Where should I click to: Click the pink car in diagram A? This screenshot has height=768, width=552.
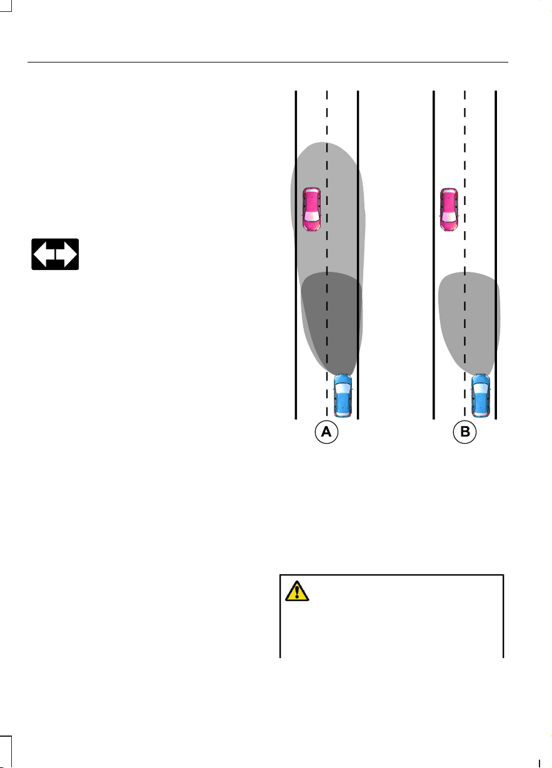311,209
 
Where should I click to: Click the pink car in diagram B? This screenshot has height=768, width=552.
449,209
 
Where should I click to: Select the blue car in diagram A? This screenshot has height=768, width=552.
343,396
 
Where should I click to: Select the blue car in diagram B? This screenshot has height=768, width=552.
480,396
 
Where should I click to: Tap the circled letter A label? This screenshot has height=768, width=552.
326,432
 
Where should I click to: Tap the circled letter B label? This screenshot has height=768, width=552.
464,432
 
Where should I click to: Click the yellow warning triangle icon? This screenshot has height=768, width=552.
297,591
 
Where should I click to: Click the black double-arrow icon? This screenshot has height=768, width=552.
55,254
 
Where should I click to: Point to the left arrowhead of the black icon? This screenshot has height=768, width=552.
40,254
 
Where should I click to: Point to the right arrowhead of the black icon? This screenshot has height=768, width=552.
71,254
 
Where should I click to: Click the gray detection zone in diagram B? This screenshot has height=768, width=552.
469,322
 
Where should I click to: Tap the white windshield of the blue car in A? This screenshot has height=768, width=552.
343,389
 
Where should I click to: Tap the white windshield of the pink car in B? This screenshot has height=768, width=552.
449,217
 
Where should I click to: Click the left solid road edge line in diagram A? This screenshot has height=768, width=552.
296,255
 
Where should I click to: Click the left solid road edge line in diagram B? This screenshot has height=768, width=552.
434,255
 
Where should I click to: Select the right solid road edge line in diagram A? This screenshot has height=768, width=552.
358,255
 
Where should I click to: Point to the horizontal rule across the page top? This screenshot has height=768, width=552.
268,62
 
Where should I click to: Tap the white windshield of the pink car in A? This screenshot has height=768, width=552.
311,216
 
